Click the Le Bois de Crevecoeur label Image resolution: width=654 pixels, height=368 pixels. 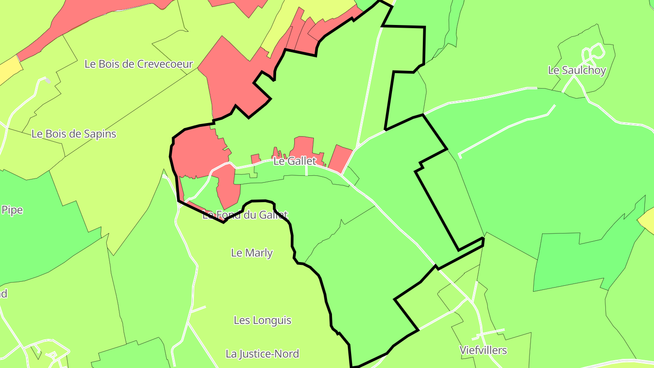(139, 64)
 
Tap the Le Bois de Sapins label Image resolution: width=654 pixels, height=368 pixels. (74, 134)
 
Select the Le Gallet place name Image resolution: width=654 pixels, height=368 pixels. (295, 161)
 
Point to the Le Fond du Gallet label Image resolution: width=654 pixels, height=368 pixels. (245, 215)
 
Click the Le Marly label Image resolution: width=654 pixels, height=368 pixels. (252, 253)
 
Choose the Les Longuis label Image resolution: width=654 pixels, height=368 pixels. (263, 320)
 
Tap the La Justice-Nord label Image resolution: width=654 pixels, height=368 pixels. (263, 354)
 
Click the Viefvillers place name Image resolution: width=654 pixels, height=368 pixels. (483, 350)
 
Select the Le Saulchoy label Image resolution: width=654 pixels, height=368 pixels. (577, 70)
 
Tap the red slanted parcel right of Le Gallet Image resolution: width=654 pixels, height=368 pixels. (340, 159)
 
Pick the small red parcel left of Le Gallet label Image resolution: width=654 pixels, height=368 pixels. (256, 159)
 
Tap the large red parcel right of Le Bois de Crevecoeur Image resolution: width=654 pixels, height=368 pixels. (227, 77)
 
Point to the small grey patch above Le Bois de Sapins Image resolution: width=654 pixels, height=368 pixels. (47, 81)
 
